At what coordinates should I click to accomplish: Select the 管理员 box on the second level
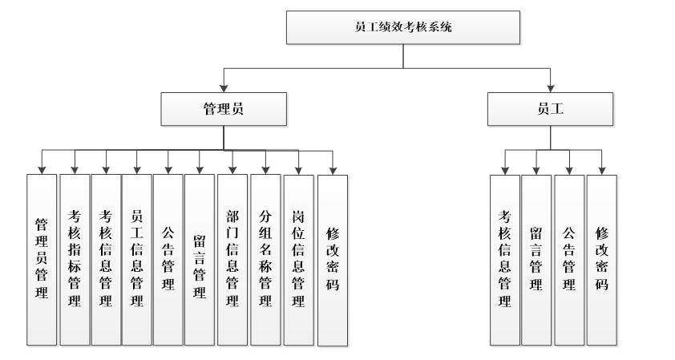click(223, 110)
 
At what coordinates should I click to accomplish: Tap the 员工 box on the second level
click(550, 110)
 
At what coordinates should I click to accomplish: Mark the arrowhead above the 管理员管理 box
click(42, 168)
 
